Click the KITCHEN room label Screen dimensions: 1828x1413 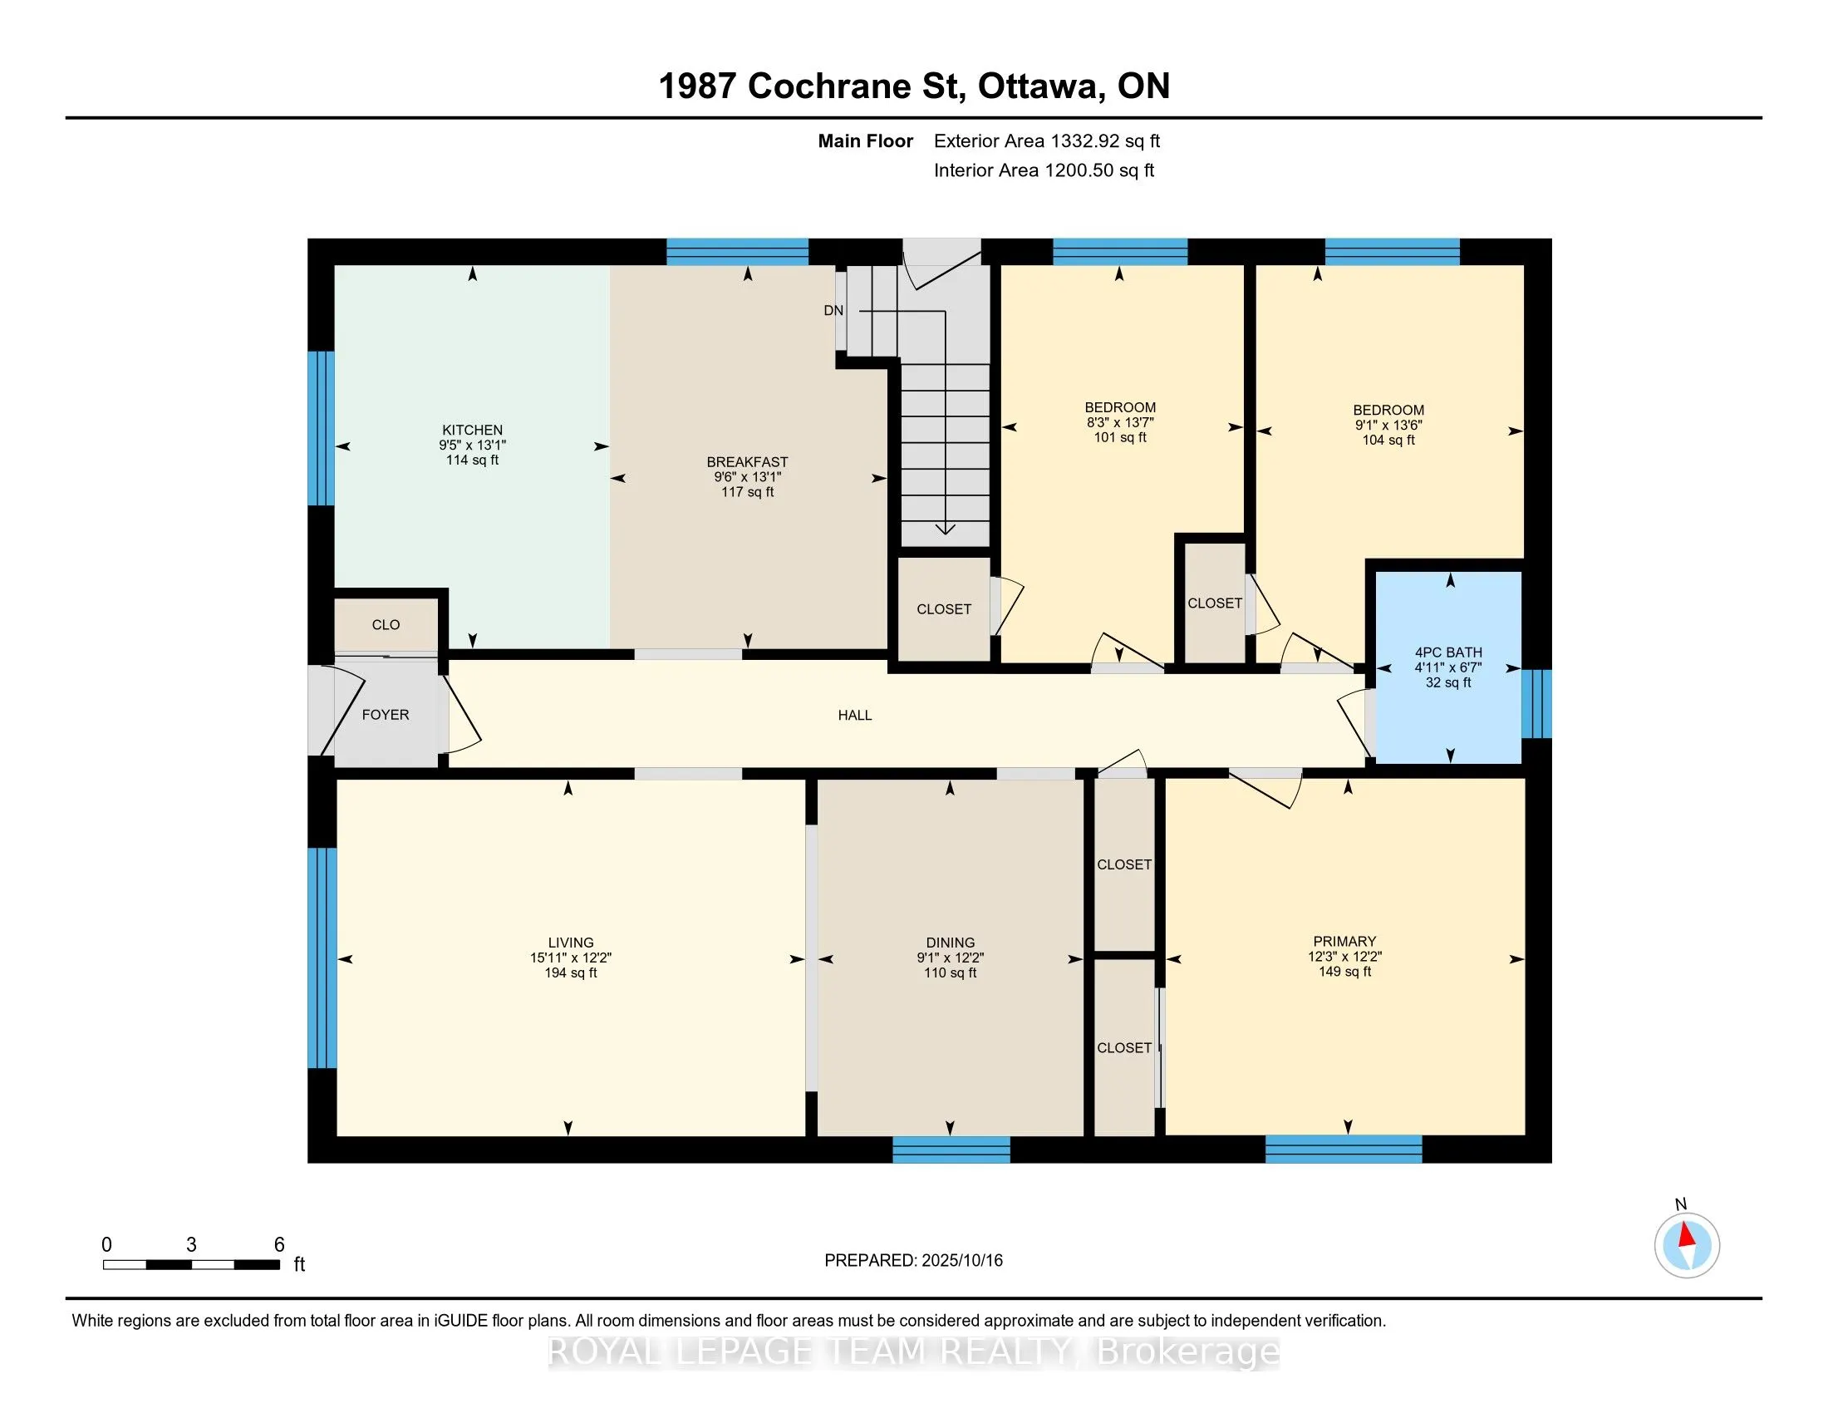point(472,431)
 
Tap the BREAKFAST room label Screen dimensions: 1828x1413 point(748,462)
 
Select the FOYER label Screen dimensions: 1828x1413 point(386,715)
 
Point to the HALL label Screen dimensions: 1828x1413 point(854,715)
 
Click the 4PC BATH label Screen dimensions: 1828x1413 point(1449,652)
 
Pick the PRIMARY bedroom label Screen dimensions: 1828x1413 point(1345,941)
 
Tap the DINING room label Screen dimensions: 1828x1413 point(950,943)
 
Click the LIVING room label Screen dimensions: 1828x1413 point(571,943)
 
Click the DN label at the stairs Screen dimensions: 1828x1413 point(833,311)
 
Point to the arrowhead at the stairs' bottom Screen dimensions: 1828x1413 point(945,528)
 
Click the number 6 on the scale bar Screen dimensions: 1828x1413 point(279,1245)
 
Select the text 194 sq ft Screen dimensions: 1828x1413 point(571,972)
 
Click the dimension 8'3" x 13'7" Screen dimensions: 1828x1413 point(1120,423)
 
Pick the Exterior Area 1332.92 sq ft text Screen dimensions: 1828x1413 point(1047,141)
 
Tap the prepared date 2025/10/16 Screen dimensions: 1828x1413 point(961,1261)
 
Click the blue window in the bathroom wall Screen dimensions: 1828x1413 point(1536,704)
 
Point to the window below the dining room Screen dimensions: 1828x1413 point(951,1150)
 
